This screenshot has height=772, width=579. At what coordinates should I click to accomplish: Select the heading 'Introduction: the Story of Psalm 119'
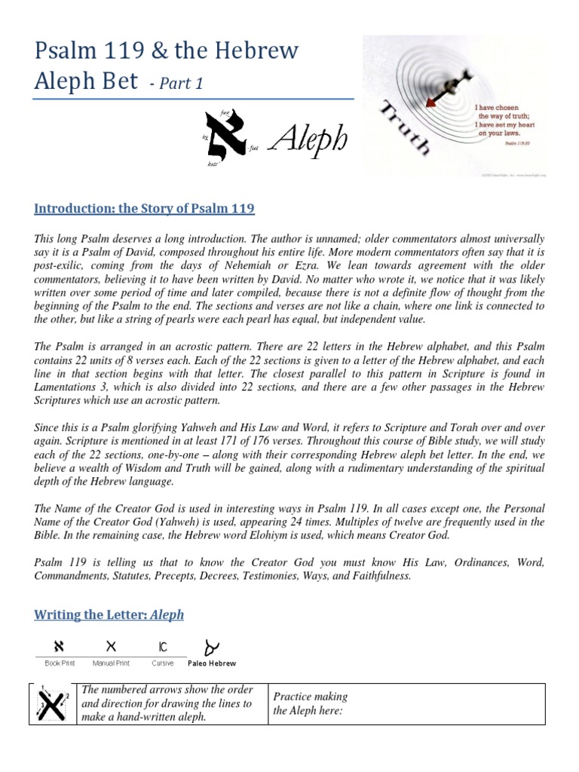click(144, 208)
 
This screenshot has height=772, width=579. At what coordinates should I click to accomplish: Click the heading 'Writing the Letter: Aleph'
click(109, 614)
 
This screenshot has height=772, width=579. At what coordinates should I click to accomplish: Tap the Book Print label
click(58, 663)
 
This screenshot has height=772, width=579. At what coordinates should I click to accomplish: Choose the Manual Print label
click(111, 663)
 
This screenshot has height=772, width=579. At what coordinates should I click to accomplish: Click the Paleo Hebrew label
click(212, 663)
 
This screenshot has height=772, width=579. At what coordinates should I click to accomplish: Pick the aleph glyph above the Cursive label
click(163, 647)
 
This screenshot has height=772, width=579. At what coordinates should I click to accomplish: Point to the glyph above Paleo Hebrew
click(213, 646)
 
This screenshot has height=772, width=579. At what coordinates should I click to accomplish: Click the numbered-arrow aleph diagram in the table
click(50, 705)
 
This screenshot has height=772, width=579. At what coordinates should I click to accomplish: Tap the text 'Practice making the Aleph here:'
click(309, 704)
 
